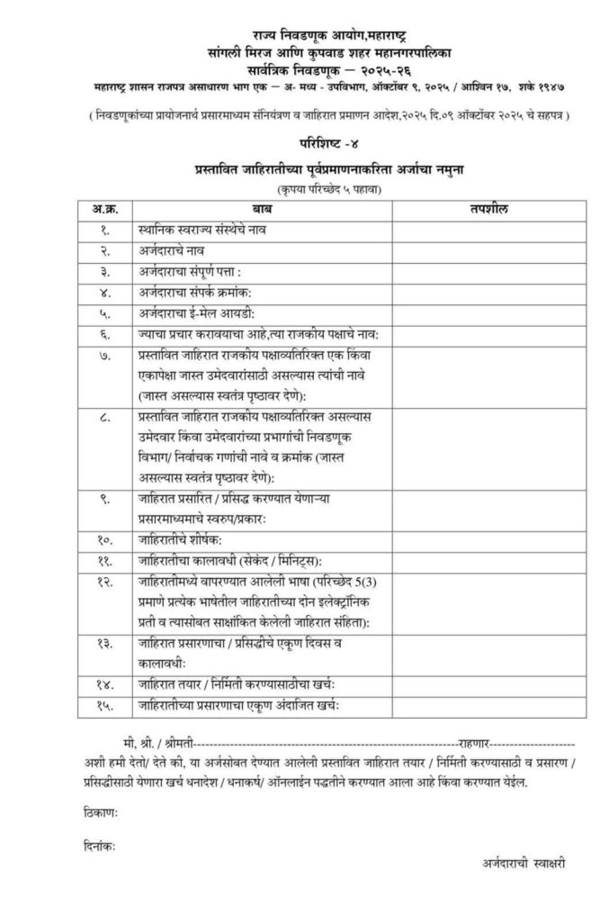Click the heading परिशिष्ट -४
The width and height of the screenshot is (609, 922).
point(304,143)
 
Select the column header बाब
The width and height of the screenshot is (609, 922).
point(261,209)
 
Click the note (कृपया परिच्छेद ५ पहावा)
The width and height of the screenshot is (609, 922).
point(304,190)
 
